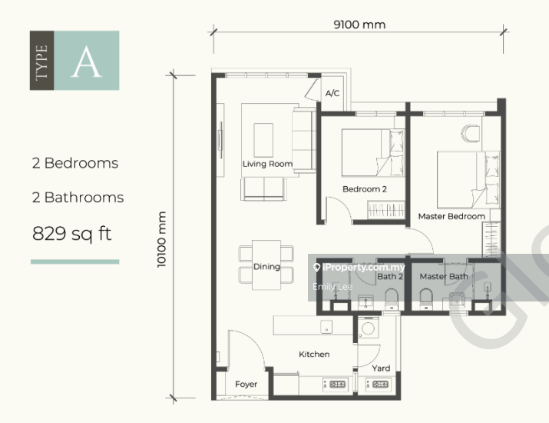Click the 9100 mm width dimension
pos(359,25)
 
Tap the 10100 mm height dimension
pos(161,239)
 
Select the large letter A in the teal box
pos(87,62)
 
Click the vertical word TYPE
pos(41,62)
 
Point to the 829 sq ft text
pos(71,234)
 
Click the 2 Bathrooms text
pos(78,198)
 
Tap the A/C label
pos(332,93)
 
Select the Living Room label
pos(267,164)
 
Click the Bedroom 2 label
pos(365,189)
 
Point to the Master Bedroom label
pos(451,216)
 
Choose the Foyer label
pos(246,384)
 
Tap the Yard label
pos(381,368)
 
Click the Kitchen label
pos(314,355)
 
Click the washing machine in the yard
pos(368,327)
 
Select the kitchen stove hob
pos(334,385)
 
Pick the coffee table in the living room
pos(263,140)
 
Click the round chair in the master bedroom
pos(470,133)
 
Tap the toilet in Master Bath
pos(426,299)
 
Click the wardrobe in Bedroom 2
pos(386,209)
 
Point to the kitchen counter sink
pos(326,327)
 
